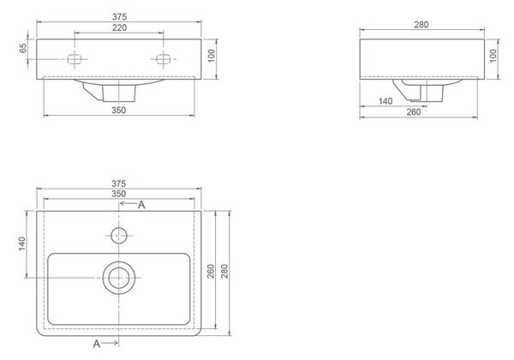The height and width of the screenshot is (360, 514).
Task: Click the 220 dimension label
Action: [119, 28]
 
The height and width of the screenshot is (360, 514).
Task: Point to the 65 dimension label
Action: [23, 49]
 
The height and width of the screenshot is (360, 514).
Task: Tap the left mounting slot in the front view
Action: [75, 59]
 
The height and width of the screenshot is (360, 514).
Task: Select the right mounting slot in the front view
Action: [163, 59]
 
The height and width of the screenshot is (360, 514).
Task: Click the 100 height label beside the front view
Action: [212, 56]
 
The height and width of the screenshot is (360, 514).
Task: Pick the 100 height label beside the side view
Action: [493, 56]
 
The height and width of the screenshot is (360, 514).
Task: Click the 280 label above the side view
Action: [421, 25]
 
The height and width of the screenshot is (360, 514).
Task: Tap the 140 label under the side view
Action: [385, 101]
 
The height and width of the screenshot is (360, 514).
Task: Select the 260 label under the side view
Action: [414, 112]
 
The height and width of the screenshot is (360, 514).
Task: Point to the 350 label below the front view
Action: [119, 111]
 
